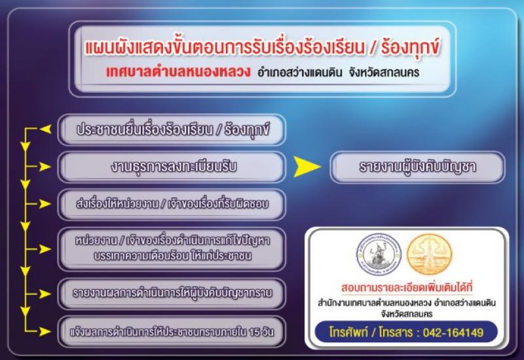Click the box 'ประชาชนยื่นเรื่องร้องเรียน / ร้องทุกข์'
click(172, 130)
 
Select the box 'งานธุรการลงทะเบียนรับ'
click(172, 167)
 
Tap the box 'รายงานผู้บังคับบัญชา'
click(417, 167)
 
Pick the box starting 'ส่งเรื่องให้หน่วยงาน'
click(172, 204)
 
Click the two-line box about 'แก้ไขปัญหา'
click(172, 249)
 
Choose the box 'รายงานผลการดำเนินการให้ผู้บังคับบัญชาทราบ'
click(172, 293)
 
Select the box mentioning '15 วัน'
click(172, 332)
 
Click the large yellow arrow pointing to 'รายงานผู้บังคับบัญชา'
click(307, 167)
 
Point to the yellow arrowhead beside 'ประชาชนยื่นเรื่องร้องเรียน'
click(45, 129)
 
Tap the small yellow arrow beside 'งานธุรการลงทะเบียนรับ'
click(45, 167)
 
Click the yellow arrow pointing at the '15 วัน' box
click(45, 332)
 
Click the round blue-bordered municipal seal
click(379, 255)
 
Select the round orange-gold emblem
click(430, 255)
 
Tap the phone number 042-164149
click(453, 333)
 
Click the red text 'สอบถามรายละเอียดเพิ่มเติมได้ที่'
click(407, 287)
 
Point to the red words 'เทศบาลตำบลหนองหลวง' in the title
click(178, 72)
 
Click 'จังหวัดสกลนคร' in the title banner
click(384, 73)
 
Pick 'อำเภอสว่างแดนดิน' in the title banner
click(300, 73)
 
